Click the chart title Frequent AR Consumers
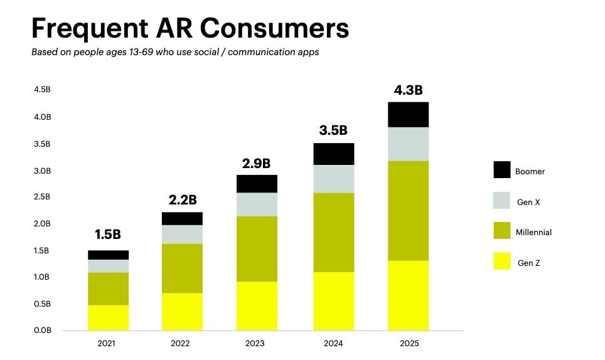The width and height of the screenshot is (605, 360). (190, 28)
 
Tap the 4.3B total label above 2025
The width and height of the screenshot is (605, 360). (408, 90)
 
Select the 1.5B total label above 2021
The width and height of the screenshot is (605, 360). (108, 235)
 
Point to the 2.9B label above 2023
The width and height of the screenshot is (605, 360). (257, 164)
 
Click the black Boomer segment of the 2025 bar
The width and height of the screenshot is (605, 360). (408, 114)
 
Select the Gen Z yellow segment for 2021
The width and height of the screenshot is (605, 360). (108, 317)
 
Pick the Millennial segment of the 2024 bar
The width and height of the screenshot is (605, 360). (333, 232)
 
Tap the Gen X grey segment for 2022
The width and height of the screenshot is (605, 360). (182, 234)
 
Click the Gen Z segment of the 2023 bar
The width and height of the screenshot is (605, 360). (257, 305)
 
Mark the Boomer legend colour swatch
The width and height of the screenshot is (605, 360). (502, 170)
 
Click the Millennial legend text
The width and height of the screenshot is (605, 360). (533, 232)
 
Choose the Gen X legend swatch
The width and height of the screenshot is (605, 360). (502, 201)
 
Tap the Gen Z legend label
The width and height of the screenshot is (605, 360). (528, 263)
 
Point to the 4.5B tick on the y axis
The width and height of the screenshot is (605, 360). (42, 90)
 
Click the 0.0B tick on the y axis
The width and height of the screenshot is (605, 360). (42, 330)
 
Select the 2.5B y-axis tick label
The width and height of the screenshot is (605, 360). (42, 197)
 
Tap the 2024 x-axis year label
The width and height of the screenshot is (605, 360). (333, 344)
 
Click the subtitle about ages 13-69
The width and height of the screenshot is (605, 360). (175, 52)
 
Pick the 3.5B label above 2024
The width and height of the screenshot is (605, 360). (333, 130)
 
